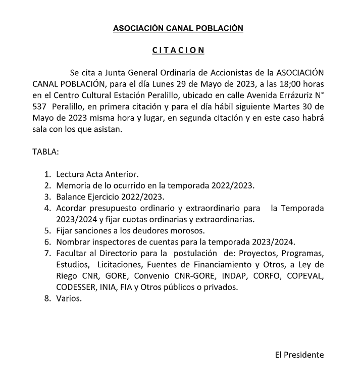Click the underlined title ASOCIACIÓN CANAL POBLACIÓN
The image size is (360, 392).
coord(178,28)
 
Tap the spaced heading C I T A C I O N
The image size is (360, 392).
coord(178,51)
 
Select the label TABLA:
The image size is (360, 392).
coord(46,152)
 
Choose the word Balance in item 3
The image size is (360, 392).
coord(71,197)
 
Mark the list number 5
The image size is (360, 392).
coord(47,230)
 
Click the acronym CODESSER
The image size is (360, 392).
coord(75,287)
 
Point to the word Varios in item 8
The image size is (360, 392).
coord(69,298)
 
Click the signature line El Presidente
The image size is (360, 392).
coord(299,355)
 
